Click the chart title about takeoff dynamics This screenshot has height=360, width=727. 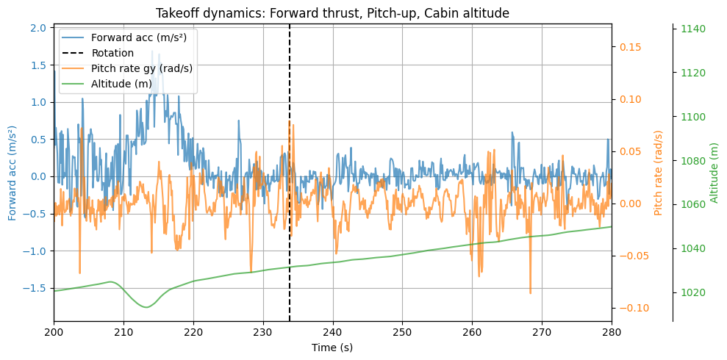pyautogui.click(x=332, y=13)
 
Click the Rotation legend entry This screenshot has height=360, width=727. pyautogui.click(x=112, y=53)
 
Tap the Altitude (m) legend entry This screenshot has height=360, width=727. pyautogui.click(x=121, y=84)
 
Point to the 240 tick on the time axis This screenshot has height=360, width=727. pyautogui.click(x=333, y=331)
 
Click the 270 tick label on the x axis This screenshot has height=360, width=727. pyautogui.click(x=542, y=331)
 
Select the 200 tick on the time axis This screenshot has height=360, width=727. pyautogui.click(x=54, y=331)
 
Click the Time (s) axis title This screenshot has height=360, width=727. pyautogui.click(x=332, y=347)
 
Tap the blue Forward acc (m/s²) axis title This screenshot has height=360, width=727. pyautogui.click(x=12, y=172)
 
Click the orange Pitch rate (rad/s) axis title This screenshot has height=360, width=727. pyautogui.click(x=659, y=172)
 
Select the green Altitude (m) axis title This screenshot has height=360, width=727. pyautogui.click(x=714, y=172)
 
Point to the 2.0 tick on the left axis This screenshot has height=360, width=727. pyautogui.click(x=39, y=28)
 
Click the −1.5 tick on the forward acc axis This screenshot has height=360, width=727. pyautogui.click(x=35, y=288)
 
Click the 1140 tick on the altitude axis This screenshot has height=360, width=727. pyautogui.click(x=693, y=29)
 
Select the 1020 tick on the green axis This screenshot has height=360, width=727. pyautogui.click(x=693, y=292)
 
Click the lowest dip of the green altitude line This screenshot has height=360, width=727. pyautogui.click(x=145, y=307)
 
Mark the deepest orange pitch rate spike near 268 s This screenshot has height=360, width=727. pyautogui.click(x=530, y=293)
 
